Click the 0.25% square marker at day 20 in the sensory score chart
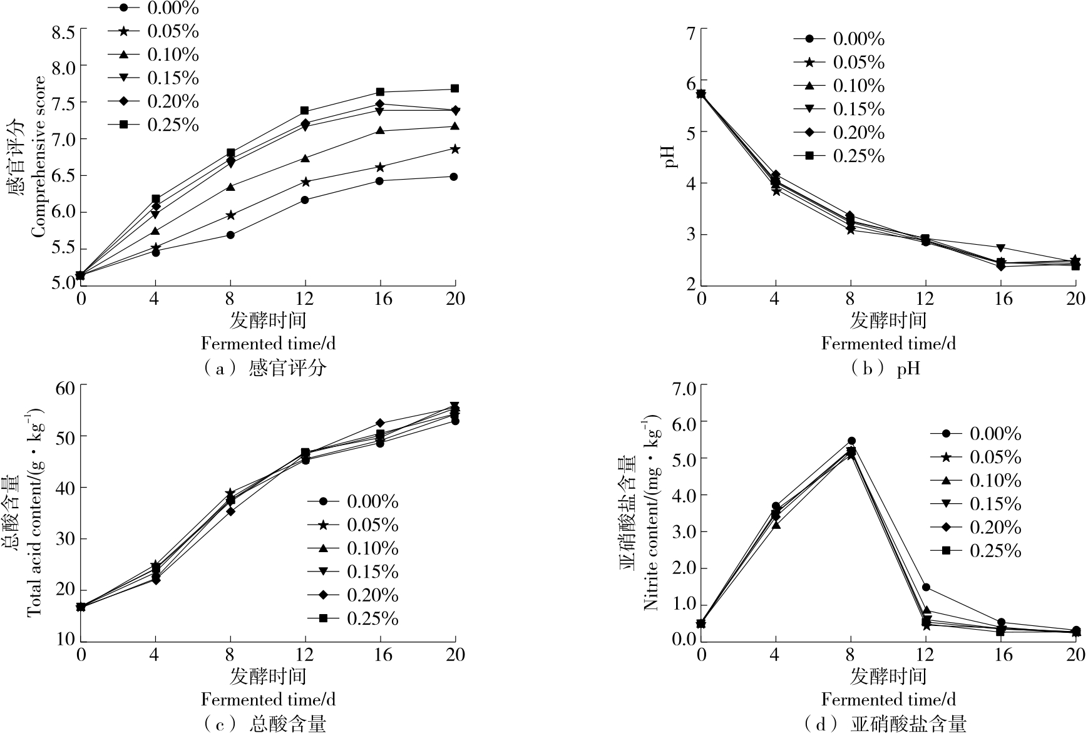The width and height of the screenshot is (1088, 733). [x=455, y=89]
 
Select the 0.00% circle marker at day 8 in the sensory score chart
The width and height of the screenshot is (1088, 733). [x=230, y=235]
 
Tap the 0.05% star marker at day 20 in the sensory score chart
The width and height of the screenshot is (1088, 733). [x=455, y=149]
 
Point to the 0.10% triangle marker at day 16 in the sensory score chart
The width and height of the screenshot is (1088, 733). [x=380, y=130]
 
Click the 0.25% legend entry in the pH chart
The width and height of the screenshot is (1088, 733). [x=839, y=156]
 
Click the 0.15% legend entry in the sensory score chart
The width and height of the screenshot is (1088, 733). [x=153, y=78]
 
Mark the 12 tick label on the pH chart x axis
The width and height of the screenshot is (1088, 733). [x=925, y=299]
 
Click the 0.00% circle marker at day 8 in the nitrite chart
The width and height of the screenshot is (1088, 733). [x=851, y=441]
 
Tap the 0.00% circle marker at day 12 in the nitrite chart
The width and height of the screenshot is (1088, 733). [x=925, y=587]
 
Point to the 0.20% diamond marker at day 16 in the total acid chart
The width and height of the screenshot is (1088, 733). [x=380, y=423]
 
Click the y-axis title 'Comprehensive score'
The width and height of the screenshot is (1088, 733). [x=39, y=157]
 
